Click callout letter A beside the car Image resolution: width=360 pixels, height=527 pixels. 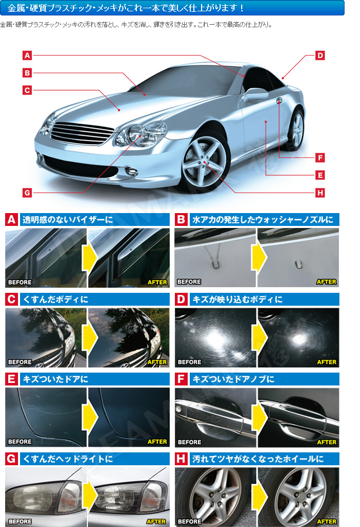[x=27, y=56]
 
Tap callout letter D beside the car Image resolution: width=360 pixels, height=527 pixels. [x=320, y=56]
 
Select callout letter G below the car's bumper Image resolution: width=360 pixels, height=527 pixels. [x=27, y=192]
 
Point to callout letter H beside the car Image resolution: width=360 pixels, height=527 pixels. [x=320, y=192]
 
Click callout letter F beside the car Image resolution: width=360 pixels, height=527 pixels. [x=320, y=157]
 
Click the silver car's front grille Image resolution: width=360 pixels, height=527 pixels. [x=82, y=133]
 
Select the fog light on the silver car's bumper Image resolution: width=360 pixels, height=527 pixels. [x=132, y=171]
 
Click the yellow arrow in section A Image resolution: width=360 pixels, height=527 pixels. [x=89, y=258]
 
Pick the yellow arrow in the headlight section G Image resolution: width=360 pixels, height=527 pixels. [x=90, y=496]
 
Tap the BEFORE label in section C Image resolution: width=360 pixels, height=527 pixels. [x=20, y=362]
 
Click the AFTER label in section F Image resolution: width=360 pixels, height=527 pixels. [x=327, y=442]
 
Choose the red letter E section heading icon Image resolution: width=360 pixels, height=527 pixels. [x=11, y=379]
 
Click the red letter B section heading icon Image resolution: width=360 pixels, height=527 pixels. [x=181, y=219]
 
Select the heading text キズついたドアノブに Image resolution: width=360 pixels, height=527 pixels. [x=233, y=379]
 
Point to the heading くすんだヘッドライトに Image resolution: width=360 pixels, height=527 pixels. [x=67, y=459]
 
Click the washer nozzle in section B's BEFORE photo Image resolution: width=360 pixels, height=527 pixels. [x=215, y=264]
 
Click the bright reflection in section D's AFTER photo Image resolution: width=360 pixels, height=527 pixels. [x=298, y=339]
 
